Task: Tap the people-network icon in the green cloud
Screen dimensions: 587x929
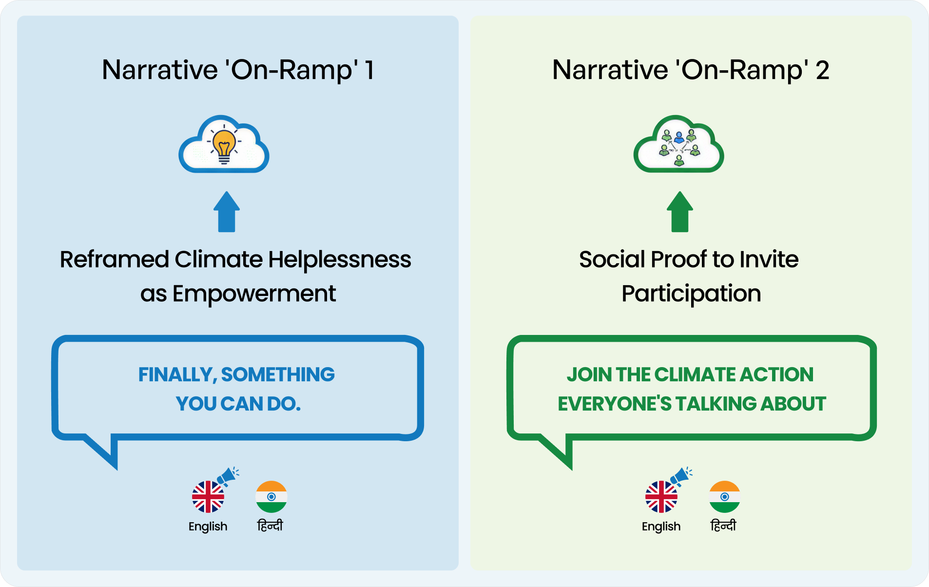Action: pos(679,146)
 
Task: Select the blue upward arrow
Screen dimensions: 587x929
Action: pos(227,212)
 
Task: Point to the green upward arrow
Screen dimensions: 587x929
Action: pos(679,212)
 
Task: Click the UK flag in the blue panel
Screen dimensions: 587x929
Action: pos(208,497)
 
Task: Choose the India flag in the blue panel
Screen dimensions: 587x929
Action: pos(271,497)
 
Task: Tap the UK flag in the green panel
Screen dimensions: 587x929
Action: pos(661,497)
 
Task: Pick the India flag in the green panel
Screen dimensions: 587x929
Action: pos(725,497)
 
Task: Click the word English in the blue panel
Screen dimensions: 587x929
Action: pos(208,527)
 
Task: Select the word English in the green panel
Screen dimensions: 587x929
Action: pos(661,527)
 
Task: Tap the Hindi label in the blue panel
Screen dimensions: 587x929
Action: pos(270,526)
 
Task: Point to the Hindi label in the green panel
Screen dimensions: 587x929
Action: pos(723,526)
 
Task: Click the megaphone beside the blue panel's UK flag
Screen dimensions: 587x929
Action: pos(228,475)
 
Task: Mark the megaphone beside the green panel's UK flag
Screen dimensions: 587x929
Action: pos(681,475)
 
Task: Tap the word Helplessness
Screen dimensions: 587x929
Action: pos(340,259)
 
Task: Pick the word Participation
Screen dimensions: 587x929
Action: pos(691,293)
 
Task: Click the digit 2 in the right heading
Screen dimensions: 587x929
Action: pos(822,70)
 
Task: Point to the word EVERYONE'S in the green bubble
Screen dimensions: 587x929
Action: pos(615,404)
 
